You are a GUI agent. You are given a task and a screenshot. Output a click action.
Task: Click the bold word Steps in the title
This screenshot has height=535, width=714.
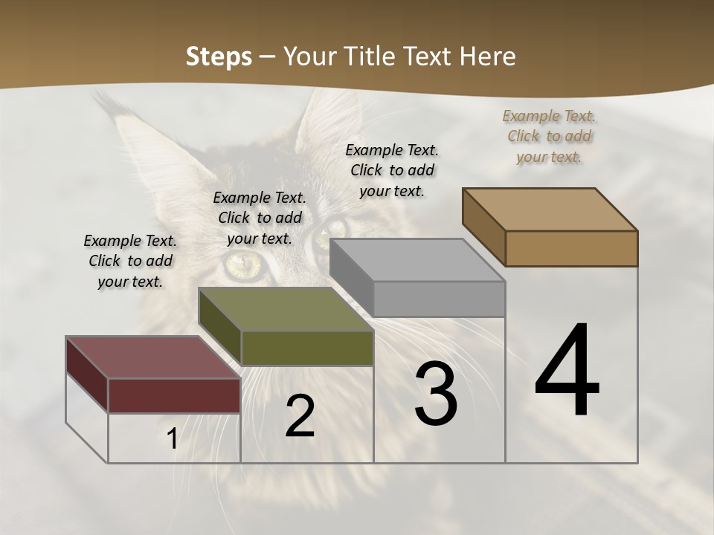(219, 56)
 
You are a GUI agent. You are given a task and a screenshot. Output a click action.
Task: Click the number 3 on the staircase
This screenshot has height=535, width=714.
(436, 394)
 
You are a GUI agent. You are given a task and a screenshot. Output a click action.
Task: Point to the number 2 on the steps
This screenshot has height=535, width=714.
(300, 417)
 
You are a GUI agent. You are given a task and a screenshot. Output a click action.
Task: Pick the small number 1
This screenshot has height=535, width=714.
(173, 439)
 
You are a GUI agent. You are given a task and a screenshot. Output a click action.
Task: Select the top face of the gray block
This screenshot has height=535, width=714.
(417, 260)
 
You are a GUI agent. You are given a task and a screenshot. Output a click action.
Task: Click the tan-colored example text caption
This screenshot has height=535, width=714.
(549, 137)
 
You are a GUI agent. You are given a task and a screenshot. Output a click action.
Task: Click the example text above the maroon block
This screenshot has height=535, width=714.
(130, 261)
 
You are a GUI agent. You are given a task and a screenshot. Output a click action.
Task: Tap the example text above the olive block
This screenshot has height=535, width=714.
(260, 218)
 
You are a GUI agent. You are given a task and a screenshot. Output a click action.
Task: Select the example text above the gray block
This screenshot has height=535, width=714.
(392, 170)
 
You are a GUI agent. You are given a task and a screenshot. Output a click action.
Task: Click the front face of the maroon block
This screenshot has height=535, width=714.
(174, 395)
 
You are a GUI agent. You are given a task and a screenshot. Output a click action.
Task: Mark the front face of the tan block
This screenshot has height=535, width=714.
(571, 248)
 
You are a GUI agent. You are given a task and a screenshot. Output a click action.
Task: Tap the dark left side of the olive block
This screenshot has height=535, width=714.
(220, 328)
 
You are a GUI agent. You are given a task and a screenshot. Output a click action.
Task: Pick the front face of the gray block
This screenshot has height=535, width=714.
(439, 299)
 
